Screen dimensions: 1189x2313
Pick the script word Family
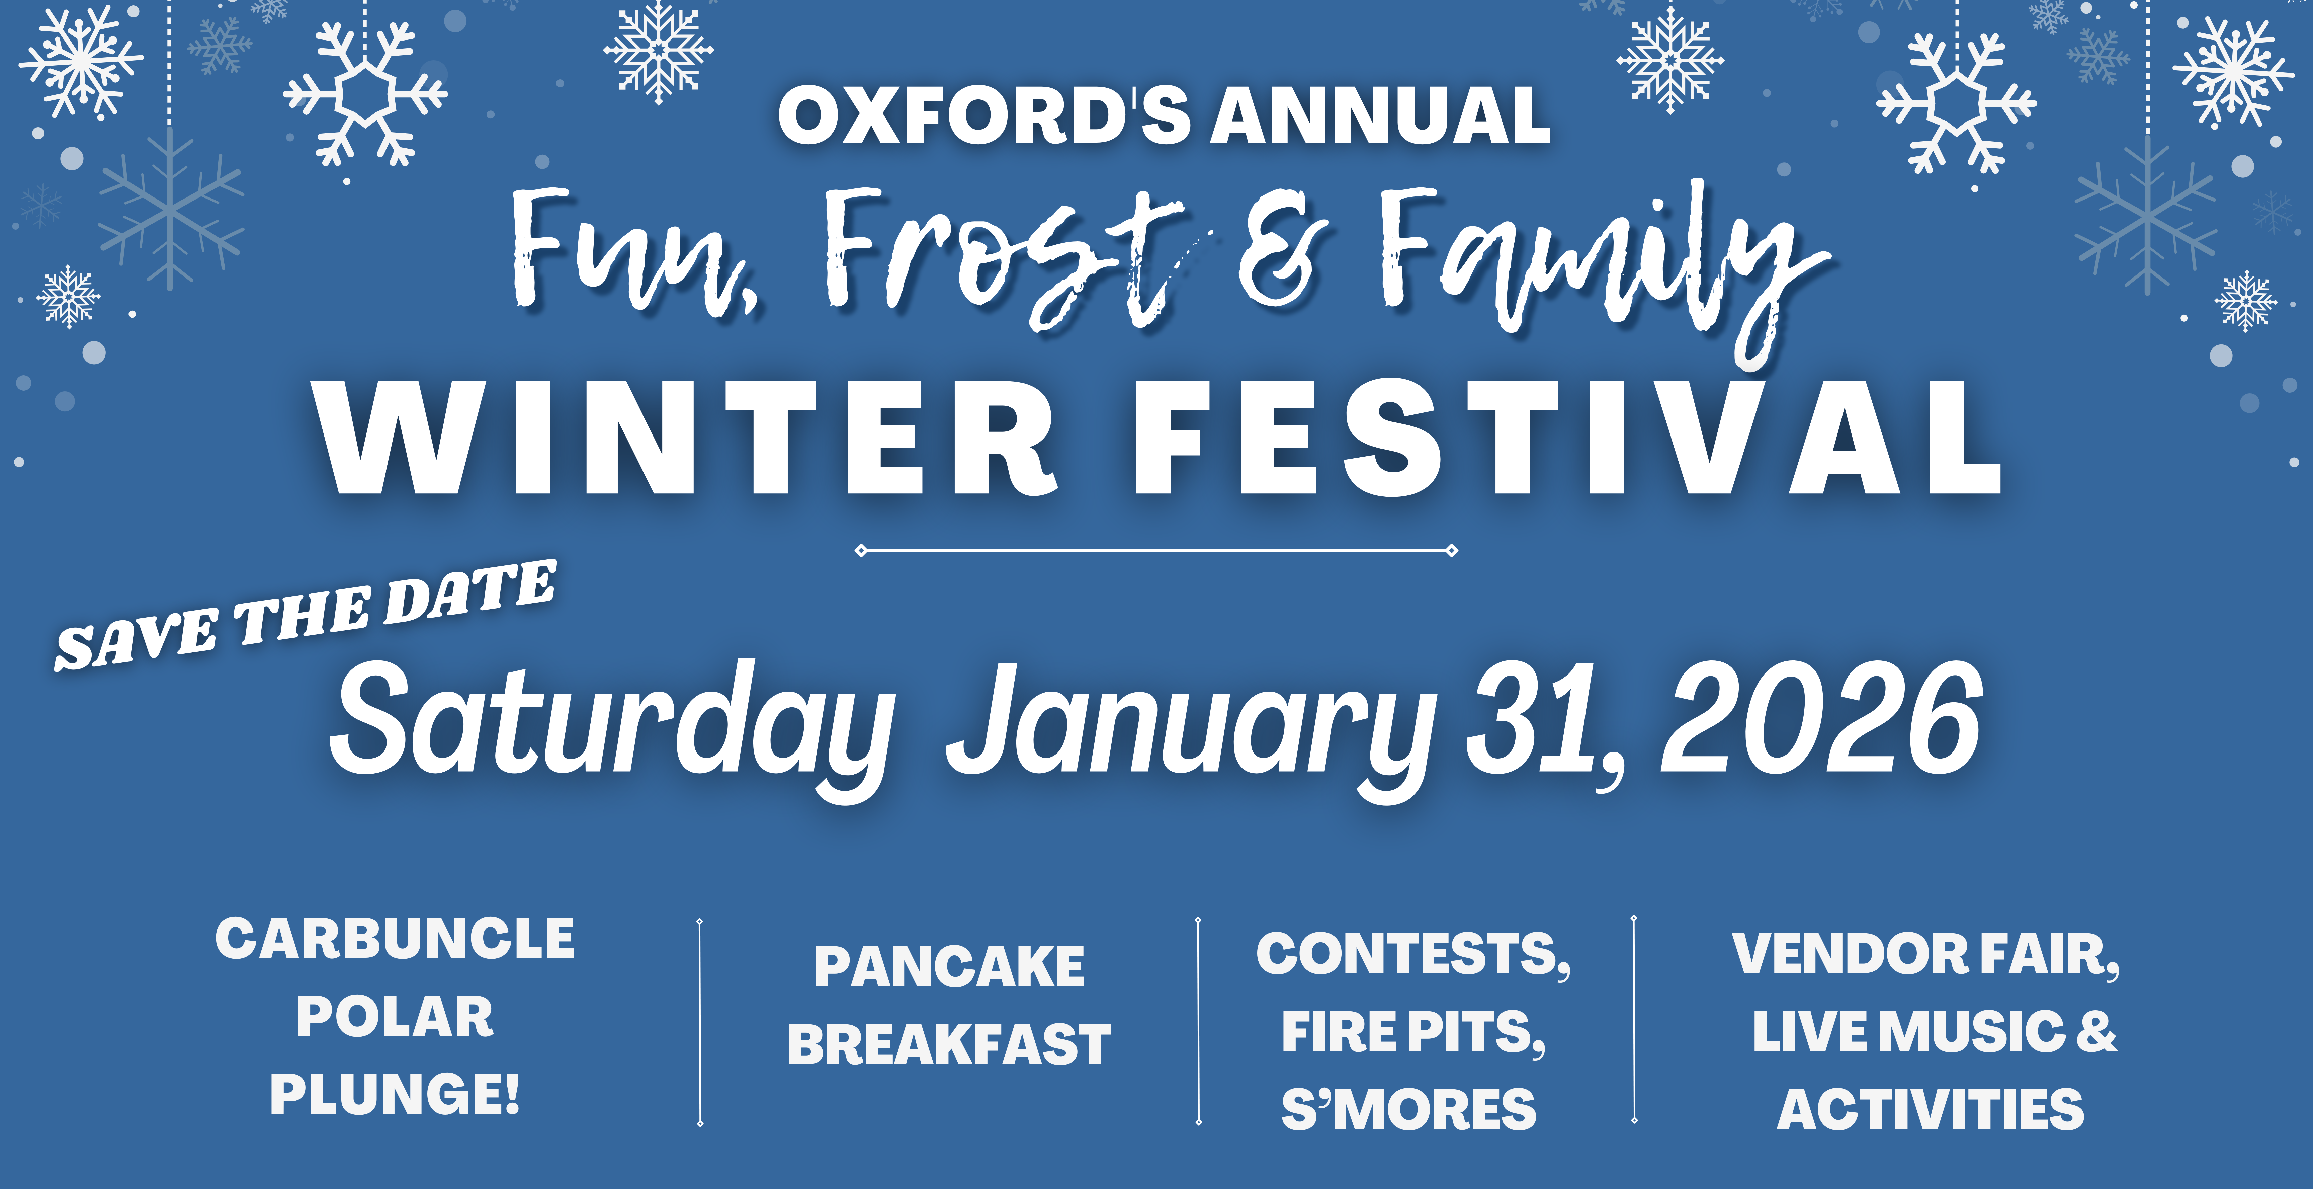coord(1598,260)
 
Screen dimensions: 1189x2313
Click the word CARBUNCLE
coord(395,939)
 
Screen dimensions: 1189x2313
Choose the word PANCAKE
coord(949,967)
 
